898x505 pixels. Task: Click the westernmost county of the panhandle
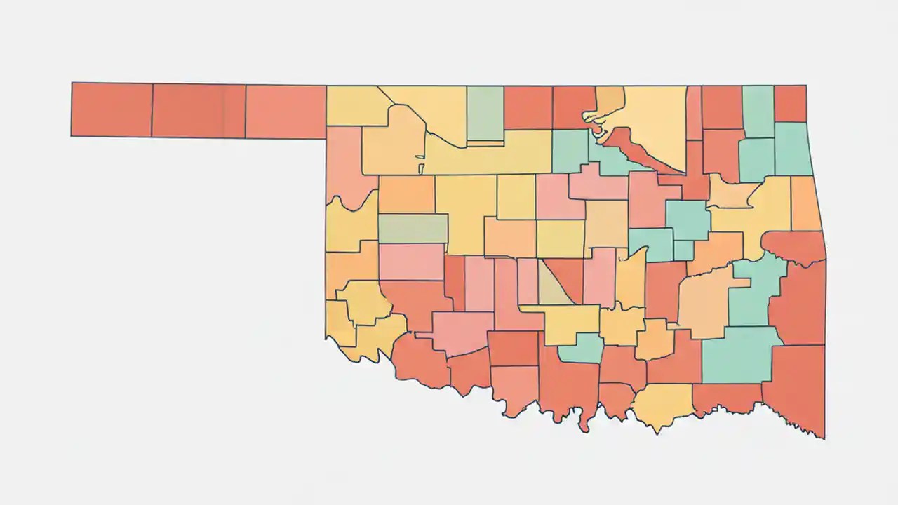(112, 109)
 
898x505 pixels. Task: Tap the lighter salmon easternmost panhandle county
(286, 112)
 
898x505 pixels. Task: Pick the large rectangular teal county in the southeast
(737, 356)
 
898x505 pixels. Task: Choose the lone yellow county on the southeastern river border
(663, 405)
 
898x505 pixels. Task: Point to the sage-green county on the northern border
(485, 112)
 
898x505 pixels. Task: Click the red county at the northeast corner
(791, 103)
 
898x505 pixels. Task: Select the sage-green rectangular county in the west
(413, 229)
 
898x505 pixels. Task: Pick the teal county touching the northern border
(758, 111)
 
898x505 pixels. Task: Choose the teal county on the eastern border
(792, 149)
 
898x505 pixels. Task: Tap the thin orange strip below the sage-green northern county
(485, 144)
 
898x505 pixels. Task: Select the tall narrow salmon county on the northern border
(694, 112)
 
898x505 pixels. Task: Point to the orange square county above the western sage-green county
(406, 194)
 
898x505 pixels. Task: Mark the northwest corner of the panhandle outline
(72, 83)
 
